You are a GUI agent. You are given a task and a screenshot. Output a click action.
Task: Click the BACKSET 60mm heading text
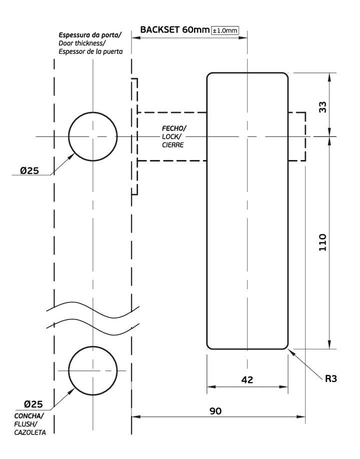click(174, 29)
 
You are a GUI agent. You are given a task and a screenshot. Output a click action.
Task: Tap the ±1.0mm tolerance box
click(225, 30)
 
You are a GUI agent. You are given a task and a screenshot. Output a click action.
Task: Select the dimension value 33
click(322, 106)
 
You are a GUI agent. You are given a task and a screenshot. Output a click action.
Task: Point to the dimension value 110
click(322, 242)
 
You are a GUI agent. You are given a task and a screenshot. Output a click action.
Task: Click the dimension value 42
click(247, 380)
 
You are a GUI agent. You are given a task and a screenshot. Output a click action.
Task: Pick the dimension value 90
click(215, 411)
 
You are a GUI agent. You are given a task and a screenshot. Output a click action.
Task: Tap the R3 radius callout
click(331, 378)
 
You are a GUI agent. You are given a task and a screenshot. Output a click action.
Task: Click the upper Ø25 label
click(29, 170)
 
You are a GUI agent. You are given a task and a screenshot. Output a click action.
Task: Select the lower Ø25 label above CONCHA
click(32, 404)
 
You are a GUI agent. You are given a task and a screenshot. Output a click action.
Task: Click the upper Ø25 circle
click(92, 136)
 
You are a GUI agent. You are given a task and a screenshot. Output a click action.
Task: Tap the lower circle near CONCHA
click(92, 370)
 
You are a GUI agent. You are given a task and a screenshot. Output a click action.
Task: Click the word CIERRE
click(172, 145)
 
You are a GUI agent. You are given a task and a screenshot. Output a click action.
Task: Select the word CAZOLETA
click(30, 432)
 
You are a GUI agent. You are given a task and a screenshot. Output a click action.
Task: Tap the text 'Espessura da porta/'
click(90, 35)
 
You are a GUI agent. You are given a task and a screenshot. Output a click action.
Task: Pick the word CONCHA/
click(29, 416)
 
